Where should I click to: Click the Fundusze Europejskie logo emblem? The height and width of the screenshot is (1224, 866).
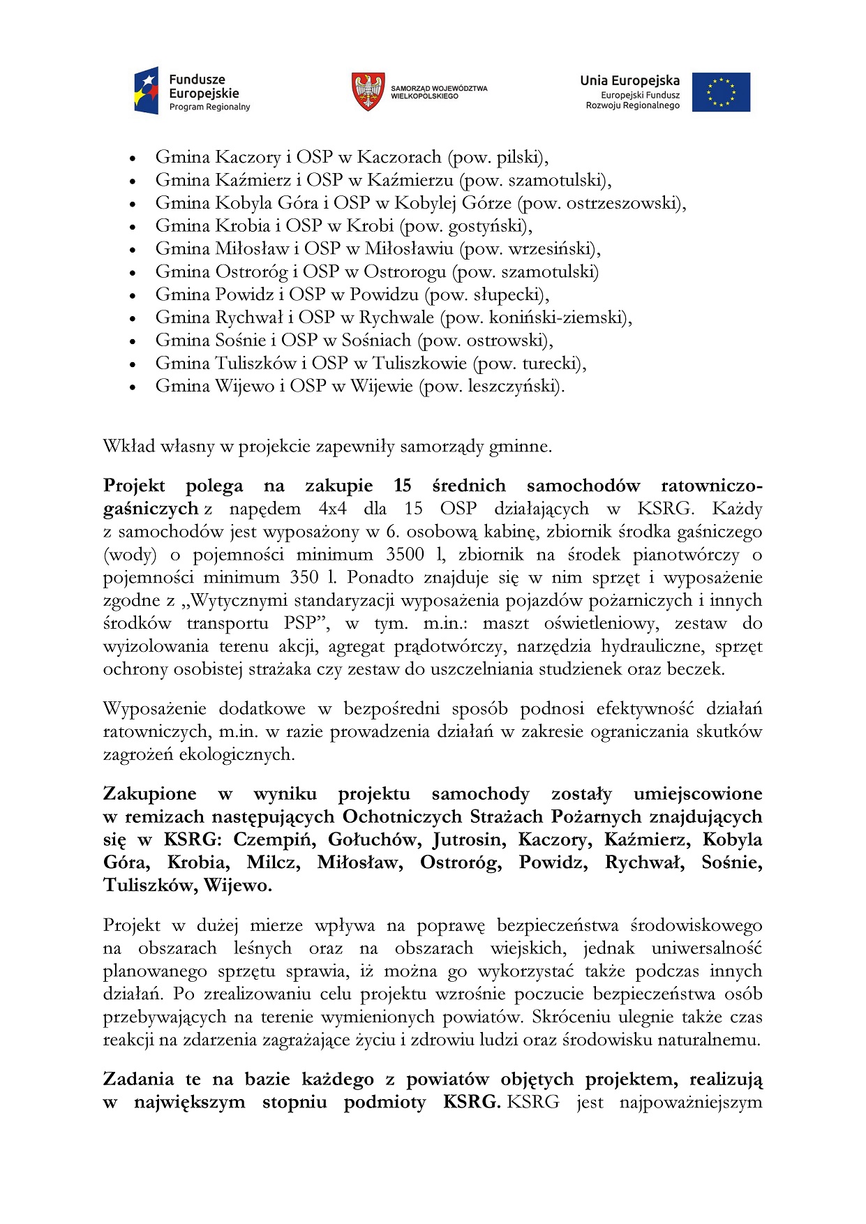tap(147, 91)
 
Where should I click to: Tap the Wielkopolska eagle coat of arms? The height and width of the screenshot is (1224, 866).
tap(368, 91)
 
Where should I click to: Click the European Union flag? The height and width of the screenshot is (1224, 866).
tap(721, 92)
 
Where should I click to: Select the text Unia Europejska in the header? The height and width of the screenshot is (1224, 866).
tap(629, 80)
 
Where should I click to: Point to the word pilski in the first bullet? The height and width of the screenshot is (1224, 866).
tap(520, 157)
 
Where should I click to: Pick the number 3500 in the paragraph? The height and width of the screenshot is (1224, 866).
tap(405, 555)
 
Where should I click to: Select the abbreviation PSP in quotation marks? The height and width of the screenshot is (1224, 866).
tap(301, 623)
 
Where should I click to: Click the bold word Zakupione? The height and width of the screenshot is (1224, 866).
tap(149, 794)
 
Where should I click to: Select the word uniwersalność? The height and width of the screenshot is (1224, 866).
tap(707, 948)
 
